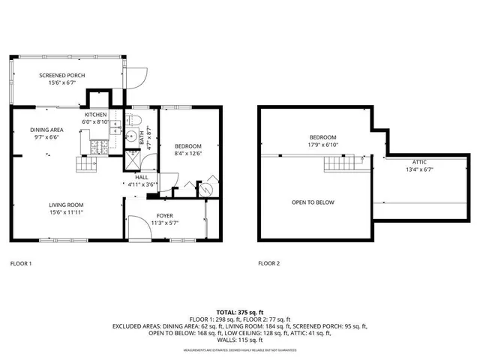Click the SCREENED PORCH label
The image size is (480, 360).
62,76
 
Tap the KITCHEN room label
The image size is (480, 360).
95,114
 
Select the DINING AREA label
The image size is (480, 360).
46,130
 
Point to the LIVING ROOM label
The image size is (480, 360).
66,205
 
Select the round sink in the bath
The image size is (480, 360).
130,136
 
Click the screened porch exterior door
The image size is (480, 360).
134,76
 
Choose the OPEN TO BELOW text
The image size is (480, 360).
313,202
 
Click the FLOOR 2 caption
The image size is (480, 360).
268,263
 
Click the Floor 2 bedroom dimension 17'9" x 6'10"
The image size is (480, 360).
322,144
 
